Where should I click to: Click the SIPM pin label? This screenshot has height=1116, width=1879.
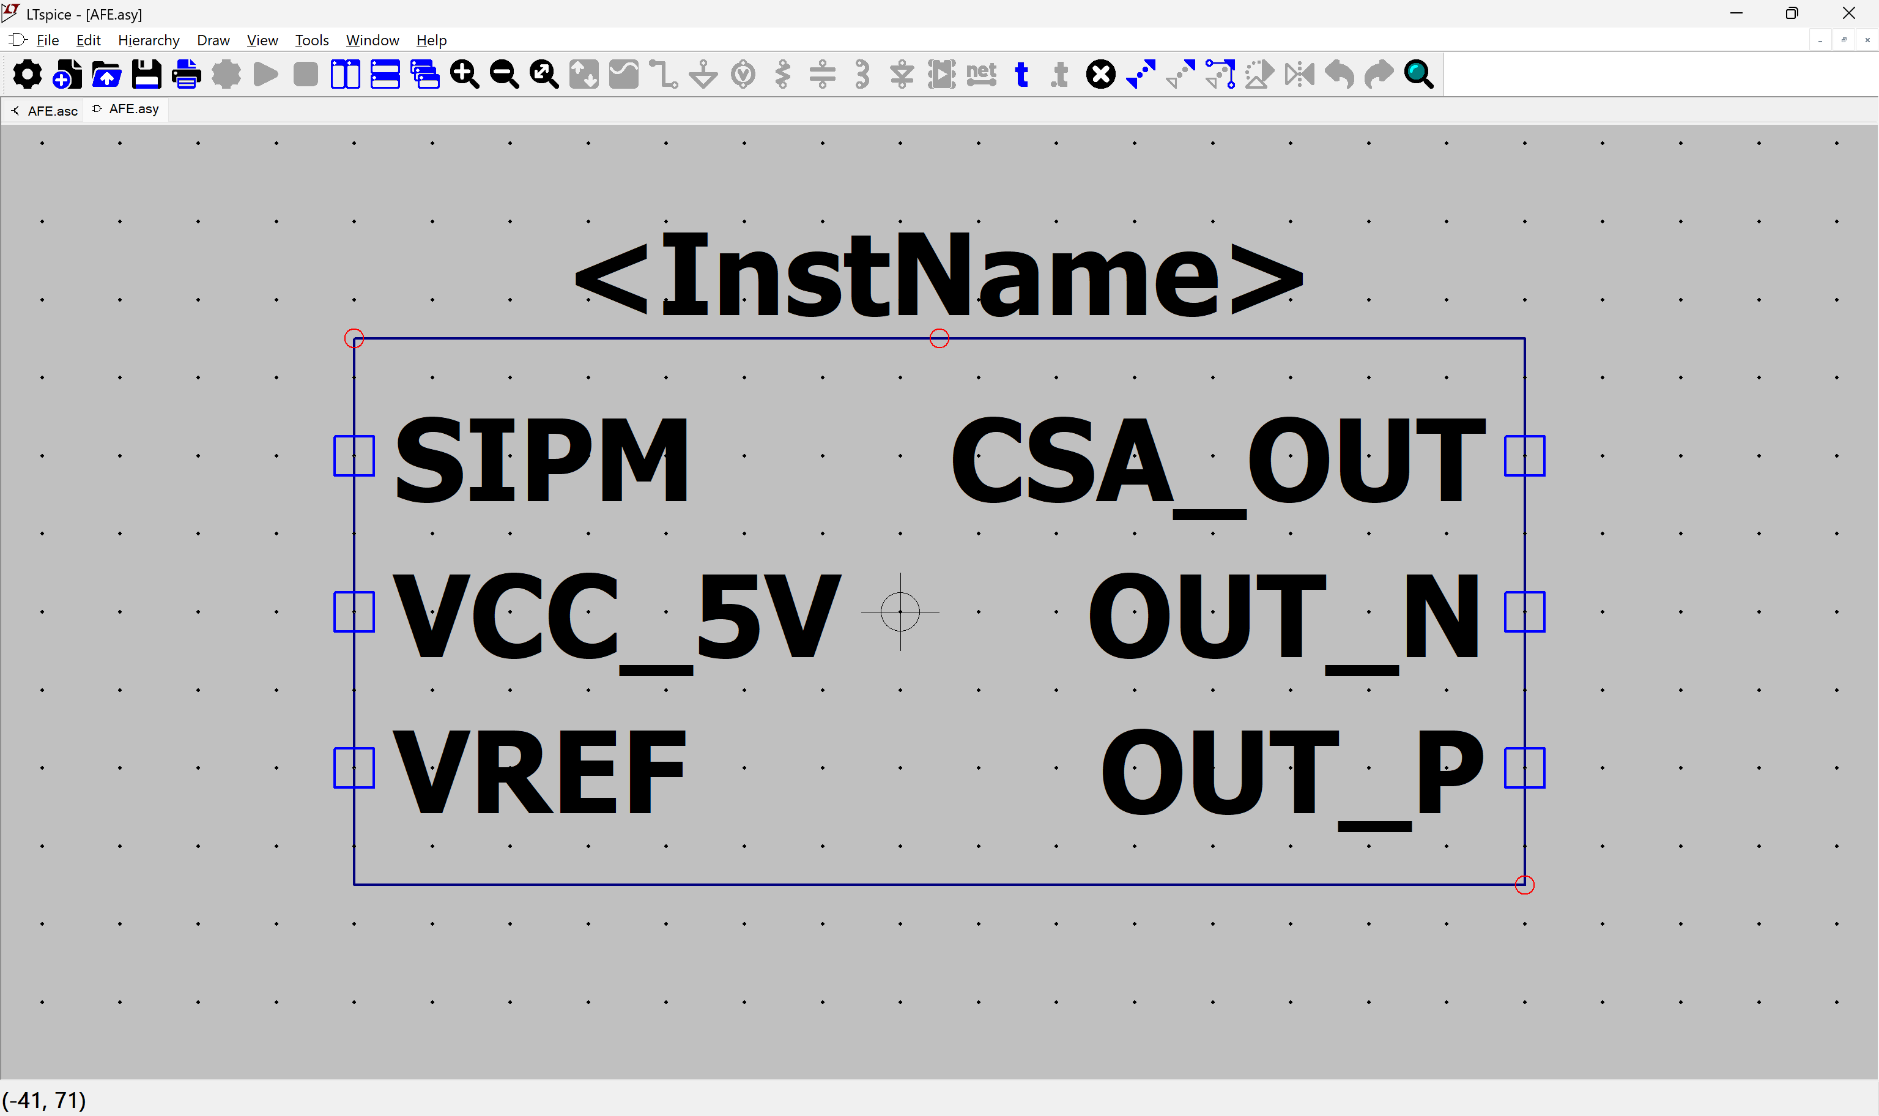[x=541, y=459]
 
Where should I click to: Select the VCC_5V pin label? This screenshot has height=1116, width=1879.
[x=617, y=620]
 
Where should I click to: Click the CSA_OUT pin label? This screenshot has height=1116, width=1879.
[x=1218, y=466]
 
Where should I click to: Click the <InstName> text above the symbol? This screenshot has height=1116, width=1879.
[x=939, y=275]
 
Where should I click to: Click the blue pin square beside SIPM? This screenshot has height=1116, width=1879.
[x=354, y=456]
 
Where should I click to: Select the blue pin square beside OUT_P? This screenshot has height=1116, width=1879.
[x=1524, y=768]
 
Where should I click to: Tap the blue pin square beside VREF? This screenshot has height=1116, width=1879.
[x=354, y=768]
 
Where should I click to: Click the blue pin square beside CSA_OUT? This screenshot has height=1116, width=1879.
[x=1524, y=456]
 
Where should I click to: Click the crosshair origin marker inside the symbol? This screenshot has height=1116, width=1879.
[x=900, y=612]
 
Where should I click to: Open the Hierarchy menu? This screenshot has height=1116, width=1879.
[x=149, y=40]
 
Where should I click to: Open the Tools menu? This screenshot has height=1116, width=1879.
[x=312, y=40]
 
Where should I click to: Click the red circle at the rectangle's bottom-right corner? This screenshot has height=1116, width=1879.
[x=1524, y=885]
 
